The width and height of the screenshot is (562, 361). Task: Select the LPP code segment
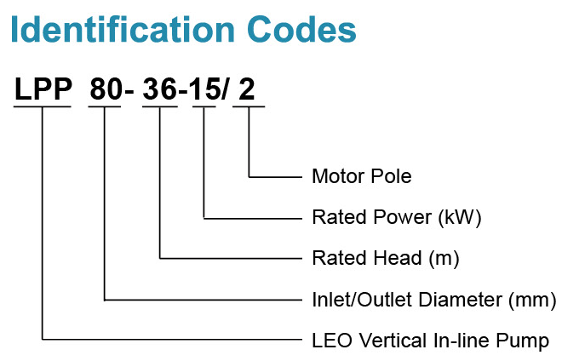coord(43,89)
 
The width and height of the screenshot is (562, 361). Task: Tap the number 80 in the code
coord(106,89)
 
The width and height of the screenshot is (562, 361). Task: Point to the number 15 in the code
coord(205,89)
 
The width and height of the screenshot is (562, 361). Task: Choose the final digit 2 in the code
coord(247,89)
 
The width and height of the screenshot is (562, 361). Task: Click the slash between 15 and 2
coord(225,89)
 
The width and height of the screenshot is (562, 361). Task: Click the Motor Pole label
coord(362,177)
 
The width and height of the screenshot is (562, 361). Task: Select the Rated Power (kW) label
coord(397,217)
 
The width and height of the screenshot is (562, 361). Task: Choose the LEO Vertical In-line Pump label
coord(431,341)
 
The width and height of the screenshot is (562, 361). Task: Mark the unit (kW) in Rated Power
coord(460,217)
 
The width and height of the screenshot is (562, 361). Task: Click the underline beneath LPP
coord(43,106)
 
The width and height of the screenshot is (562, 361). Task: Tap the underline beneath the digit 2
coord(248,106)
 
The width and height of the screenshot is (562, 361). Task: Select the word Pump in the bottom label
coord(528,341)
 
